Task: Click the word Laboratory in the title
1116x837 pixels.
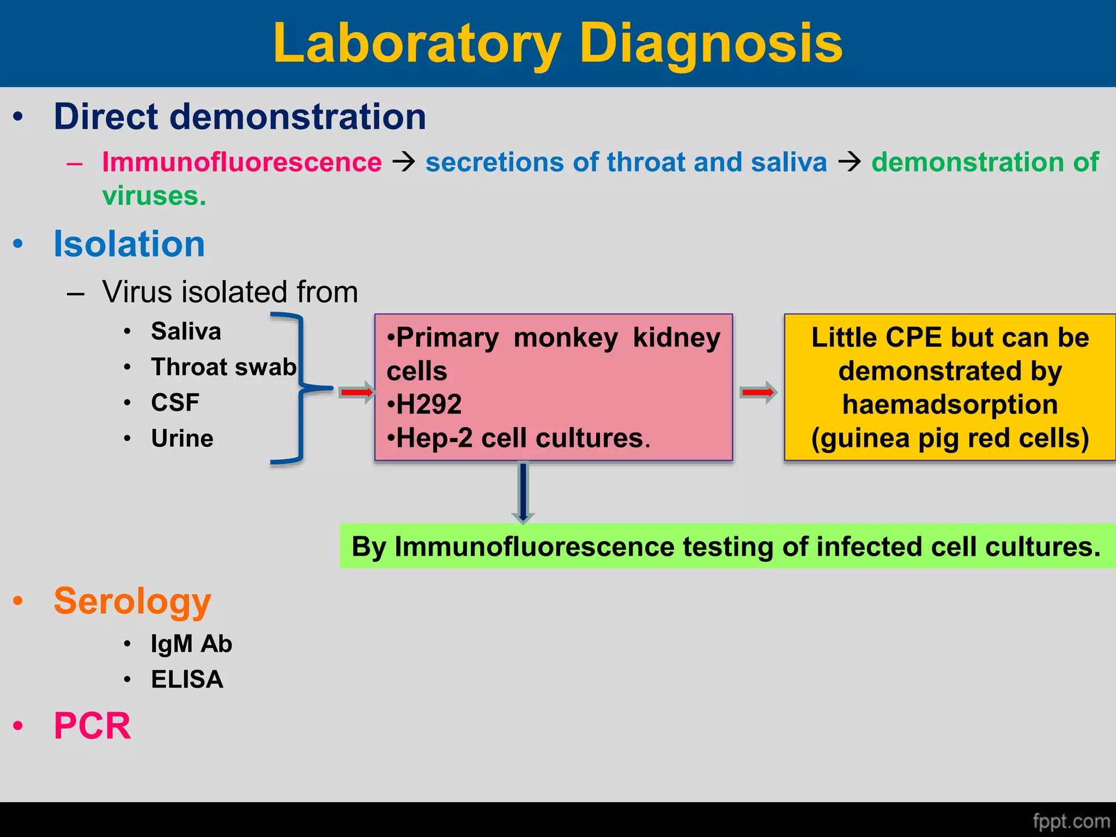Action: tap(417, 44)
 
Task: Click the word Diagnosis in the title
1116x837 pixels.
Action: tap(711, 44)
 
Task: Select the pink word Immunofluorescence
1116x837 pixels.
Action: tap(242, 162)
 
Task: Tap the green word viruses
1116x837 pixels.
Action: tap(154, 196)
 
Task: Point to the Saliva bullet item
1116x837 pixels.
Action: tap(186, 331)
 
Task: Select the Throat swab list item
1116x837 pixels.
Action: tap(223, 367)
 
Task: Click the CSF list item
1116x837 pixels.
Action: tap(175, 403)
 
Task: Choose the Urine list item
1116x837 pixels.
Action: tap(182, 438)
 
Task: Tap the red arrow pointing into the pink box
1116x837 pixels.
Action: tap(356, 392)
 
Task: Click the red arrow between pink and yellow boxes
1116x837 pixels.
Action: tap(758, 392)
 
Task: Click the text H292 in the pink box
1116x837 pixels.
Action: tap(429, 404)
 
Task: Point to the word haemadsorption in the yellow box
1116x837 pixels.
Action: tap(950, 404)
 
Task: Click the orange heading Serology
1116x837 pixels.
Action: tap(132, 601)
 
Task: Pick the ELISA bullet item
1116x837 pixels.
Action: tap(187, 680)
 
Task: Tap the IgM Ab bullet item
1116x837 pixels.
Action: tap(191, 644)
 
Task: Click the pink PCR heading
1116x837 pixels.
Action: tap(92, 726)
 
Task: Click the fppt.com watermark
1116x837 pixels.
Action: tap(1071, 821)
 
